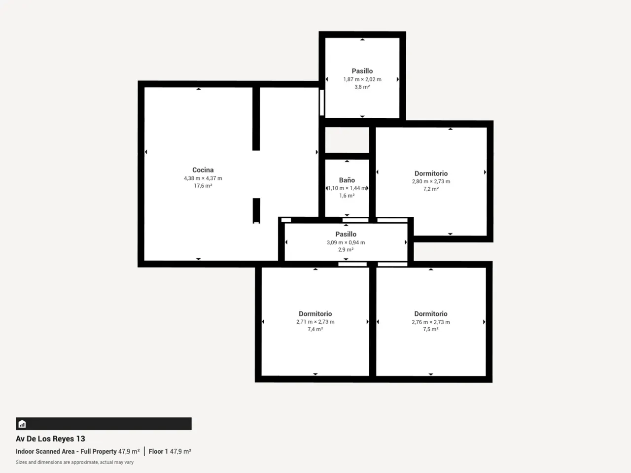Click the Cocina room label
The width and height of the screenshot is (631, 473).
[203, 169]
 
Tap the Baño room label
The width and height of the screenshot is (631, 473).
[347, 180]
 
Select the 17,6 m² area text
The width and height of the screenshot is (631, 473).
[203, 186]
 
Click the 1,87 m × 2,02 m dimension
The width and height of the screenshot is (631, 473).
[362, 79]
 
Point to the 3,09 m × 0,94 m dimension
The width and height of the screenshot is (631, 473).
[346, 242]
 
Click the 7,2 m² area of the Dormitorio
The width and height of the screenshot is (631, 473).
[431, 189]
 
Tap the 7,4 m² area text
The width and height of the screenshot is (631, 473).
[315, 329]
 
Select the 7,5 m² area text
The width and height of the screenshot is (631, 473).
[431, 329]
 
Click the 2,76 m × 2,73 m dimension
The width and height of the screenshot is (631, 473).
[431, 322]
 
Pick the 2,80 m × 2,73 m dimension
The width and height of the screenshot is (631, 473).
[431, 181]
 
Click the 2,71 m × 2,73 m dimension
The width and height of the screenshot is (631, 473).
[315, 322]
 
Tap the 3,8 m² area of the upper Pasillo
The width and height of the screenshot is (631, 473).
[362, 87]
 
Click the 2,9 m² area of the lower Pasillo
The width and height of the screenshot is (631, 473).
[346, 250]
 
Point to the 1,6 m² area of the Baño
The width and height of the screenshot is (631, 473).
[347, 196]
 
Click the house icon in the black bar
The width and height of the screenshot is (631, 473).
[22, 424]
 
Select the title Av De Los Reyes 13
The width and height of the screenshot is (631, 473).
[50, 439]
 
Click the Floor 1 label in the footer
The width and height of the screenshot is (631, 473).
[158, 451]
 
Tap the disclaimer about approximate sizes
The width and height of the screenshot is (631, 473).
[75, 462]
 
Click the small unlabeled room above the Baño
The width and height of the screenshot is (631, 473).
[347, 140]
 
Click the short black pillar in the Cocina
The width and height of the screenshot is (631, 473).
[256, 210]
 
